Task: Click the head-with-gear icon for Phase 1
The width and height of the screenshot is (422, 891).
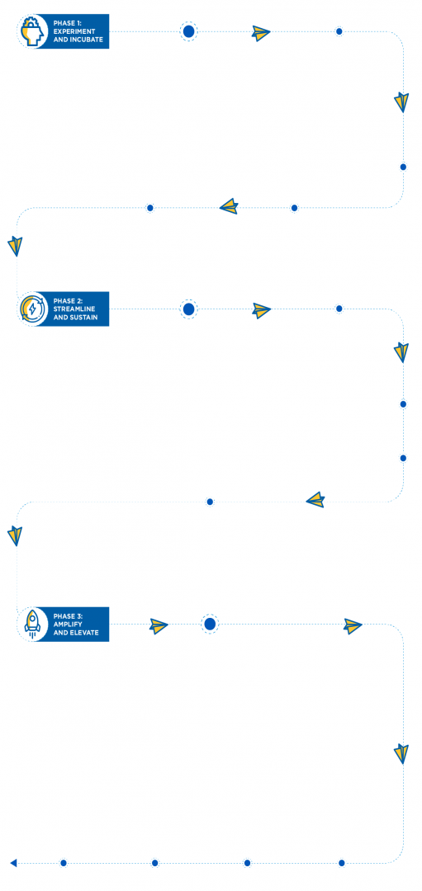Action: pyautogui.click(x=32, y=31)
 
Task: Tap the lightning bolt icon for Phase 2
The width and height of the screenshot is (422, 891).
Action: pyautogui.click(x=32, y=309)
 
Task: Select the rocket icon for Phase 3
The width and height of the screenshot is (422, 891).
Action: pyautogui.click(x=32, y=624)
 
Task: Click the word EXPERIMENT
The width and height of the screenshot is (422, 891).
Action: pyautogui.click(x=74, y=31)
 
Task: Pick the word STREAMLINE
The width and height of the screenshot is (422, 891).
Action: pyautogui.click(x=74, y=309)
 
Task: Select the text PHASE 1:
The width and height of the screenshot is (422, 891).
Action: pyautogui.click(x=68, y=23)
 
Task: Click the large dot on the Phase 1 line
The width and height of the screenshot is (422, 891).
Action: pyautogui.click(x=189, y=31)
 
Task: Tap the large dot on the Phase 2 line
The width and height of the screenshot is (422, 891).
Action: pyautogui.click(x=189, y=309)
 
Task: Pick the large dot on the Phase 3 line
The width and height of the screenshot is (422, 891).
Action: pyautogui.click(x=210, y=624)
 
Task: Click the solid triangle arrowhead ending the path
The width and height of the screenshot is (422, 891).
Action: pyautogui.click(x=14, y=863)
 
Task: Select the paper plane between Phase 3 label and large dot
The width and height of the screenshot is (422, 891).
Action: pyautogui.click(x=159, y=625)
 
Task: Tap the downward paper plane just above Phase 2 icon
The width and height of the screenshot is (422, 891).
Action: pyautogui.click(x=16, y=246)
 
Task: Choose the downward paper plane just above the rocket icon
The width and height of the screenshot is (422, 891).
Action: pyautogui.click(x=16, y=536)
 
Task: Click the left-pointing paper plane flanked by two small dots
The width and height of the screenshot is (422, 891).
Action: pyautogui.click(x=229, y=205)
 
